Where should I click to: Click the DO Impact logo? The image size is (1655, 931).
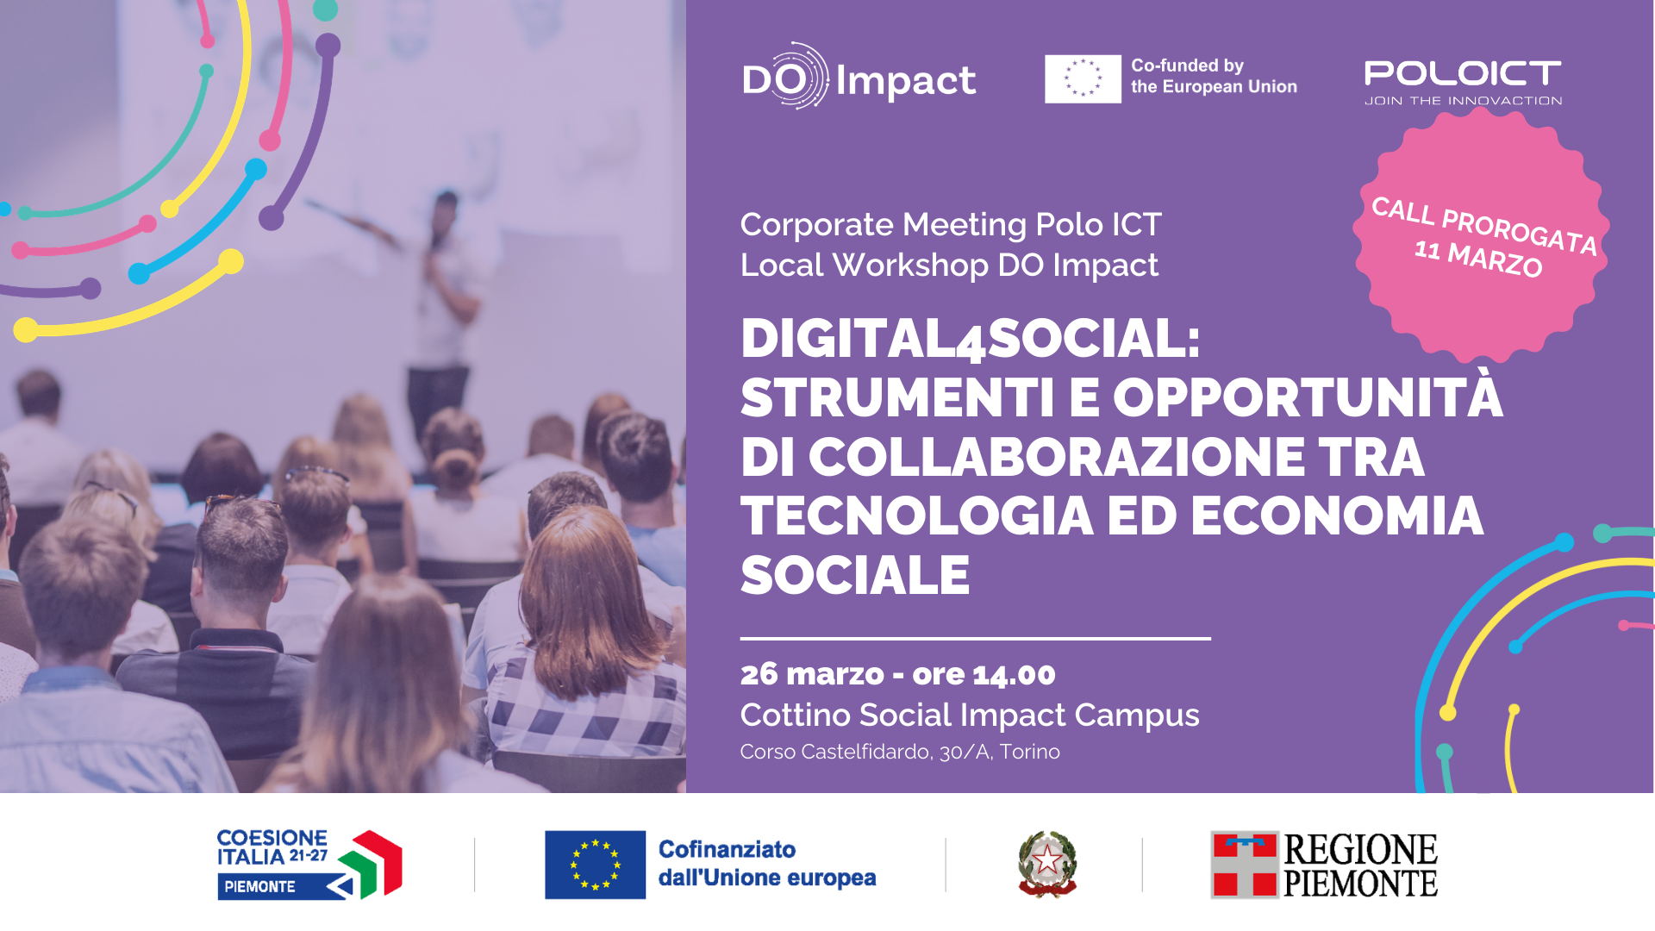(859, 77)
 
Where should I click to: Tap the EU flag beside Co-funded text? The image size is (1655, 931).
(1083, 78)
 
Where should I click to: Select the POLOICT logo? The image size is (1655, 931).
(1463, 83)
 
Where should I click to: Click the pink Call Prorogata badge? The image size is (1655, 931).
(1481, 234)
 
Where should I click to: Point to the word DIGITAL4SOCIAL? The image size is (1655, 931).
(971, 338)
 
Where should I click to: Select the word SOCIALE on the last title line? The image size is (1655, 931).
(855, 575)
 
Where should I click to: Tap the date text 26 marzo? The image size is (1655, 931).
(812, 674)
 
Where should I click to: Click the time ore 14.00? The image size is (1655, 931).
(984, 674)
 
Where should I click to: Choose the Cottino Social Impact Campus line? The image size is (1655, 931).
(970, 715)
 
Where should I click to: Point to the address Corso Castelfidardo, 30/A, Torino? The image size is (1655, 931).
(900, 752)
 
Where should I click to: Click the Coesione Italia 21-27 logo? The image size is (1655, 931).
(309, 864)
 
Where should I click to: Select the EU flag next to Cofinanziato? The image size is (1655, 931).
(595, 865)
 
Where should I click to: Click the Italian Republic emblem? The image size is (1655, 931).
(1047, 864)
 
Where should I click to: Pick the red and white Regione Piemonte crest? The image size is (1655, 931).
(1245, 865)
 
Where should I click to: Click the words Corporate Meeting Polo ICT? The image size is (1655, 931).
(951, 224)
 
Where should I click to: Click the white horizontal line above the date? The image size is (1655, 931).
(976, 639)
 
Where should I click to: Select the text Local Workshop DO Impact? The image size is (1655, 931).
(949, 265)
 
